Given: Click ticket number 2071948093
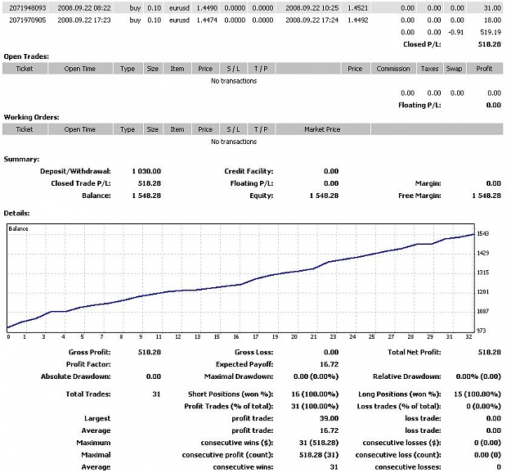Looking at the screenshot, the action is (x=27, y=8).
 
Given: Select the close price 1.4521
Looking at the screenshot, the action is (x=357, y=8).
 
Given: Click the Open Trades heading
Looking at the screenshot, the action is (x=26, y=56).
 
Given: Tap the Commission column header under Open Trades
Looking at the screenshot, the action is (x=393, y=69).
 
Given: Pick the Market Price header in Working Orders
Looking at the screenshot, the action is (x=322, y=129).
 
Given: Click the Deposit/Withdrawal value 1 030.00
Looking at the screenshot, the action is (x=146, y=171).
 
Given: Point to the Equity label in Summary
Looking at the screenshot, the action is (x=261, y=196).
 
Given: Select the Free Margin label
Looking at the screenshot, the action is (x=419, y=196).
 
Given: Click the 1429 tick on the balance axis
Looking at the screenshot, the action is (x=483, y=253).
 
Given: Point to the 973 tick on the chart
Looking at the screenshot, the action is (x=481, y=331).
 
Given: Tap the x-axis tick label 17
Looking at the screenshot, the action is (x=256, y=336).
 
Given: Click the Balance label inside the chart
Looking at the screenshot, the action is (x=18, y=228).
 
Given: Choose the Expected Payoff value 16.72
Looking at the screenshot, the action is (x=329, y=364).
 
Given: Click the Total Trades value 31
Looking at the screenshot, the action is (x=156, y=394).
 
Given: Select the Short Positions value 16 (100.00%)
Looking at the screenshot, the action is (x=315, y=394).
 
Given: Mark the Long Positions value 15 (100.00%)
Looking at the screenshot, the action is (x=477, y=394).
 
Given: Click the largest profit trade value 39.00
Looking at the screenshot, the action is (x=329, y=418).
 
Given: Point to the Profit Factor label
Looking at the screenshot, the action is (x=88, y=364).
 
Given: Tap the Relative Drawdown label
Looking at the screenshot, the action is (x=406, y=376).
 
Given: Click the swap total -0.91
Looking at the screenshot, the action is (x=456, y=32).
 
